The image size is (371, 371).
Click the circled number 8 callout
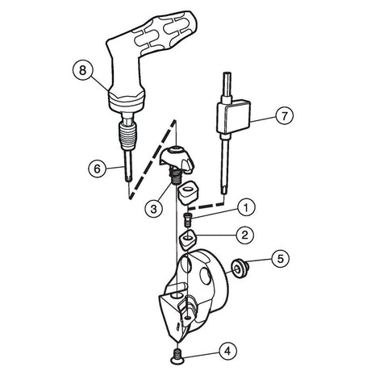82,70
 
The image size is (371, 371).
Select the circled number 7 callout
284,115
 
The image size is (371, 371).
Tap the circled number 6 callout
98,169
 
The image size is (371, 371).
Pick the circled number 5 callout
280,259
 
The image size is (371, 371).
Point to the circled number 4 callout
227,351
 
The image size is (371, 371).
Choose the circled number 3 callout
153,209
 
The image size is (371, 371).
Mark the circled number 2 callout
244,235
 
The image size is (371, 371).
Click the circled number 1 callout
246,207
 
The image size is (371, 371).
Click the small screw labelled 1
188,219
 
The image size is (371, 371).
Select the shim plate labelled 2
188,239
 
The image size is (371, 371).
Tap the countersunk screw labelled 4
177,354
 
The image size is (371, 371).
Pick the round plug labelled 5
240,269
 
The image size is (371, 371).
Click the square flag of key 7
234,116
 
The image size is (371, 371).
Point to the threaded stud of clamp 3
175,177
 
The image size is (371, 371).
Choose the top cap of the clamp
176,159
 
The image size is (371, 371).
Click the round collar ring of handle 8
127,103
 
